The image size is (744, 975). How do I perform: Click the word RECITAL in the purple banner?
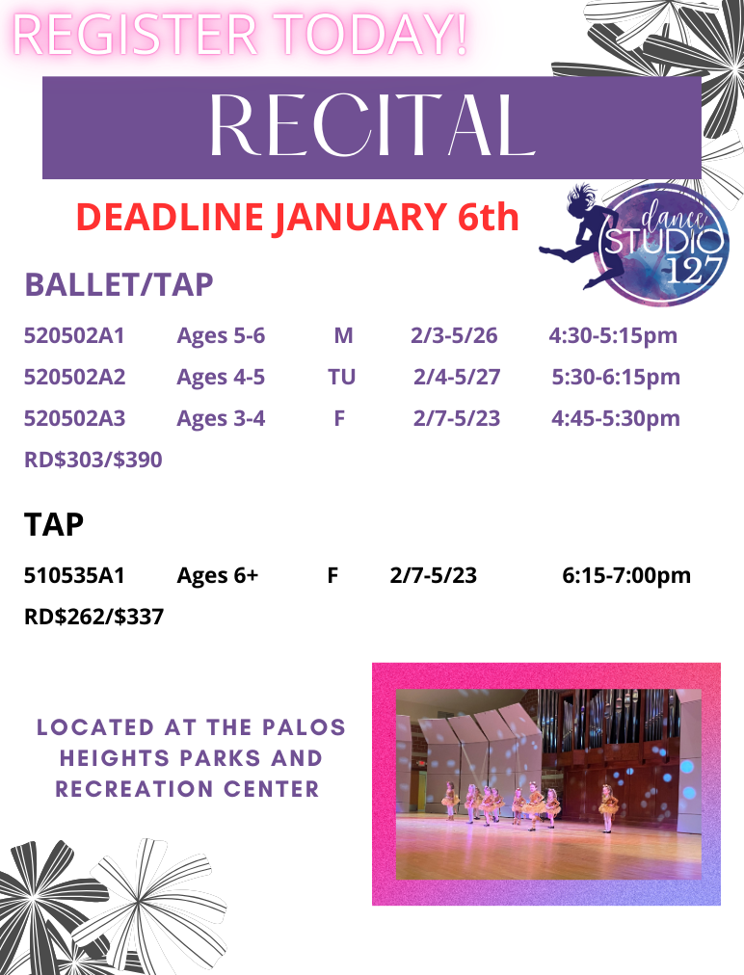372,127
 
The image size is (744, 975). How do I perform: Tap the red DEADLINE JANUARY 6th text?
297,218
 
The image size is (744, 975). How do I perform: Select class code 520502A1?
74,336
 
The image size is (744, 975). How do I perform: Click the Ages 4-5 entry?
221,377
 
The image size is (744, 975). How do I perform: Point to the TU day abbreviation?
341,377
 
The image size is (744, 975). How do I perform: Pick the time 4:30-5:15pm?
613,336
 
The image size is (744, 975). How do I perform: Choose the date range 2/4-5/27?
457,377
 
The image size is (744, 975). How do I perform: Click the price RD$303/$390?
93,461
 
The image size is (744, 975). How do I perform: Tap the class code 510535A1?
74,576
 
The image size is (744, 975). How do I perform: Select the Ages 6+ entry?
218,576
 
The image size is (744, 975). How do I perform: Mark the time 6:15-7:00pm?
626,576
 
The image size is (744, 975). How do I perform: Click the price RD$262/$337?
93,617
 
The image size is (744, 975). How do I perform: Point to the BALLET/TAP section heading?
119,285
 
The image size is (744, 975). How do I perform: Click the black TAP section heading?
54,524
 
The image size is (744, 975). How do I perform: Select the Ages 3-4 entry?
221,418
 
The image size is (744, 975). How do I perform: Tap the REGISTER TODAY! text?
241,35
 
